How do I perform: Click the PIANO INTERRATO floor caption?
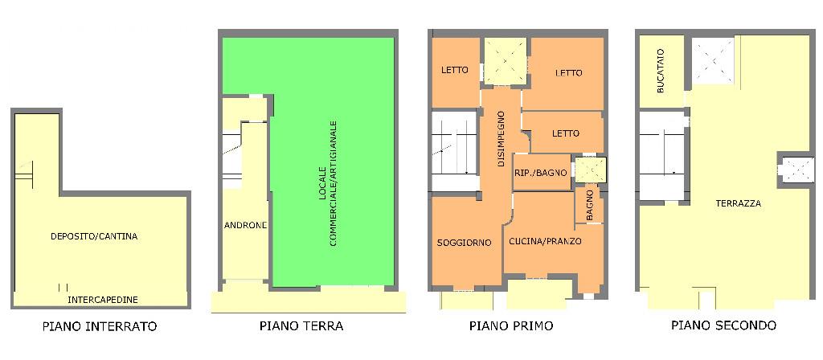[x=99, y=326]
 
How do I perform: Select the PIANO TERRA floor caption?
[x=301, y=326]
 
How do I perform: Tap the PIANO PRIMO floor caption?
[x=511, y=326]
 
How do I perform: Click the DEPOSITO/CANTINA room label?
[x=94, y=236]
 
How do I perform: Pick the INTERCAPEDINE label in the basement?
[x=102, y=300]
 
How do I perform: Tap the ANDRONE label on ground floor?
[x=245, y=225]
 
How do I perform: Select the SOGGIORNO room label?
[x=464, y=243]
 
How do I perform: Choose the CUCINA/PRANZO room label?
[x=545, y=241]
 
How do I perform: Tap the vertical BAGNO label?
[x=589, y=205]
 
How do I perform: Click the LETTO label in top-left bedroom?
[x=454, y=70]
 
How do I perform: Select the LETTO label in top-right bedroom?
[x=568, y=73]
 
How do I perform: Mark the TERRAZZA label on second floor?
[x=738, y=203]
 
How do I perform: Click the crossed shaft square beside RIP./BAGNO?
[x=592, y=170]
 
